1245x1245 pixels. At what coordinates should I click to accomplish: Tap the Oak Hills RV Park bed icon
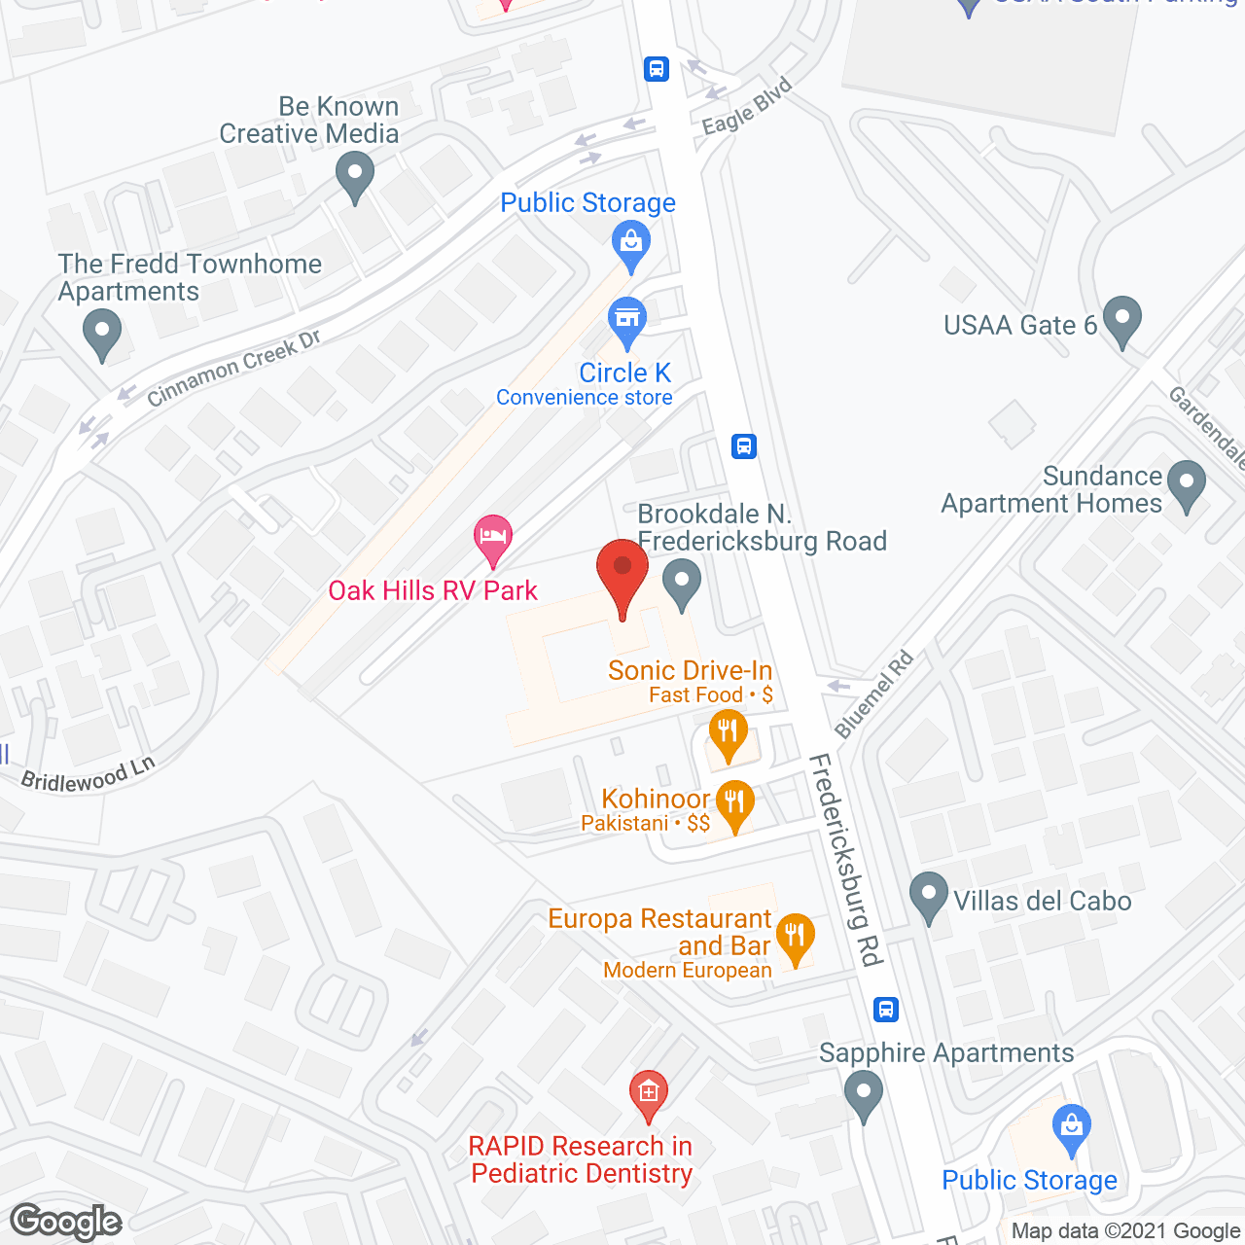[493, 538]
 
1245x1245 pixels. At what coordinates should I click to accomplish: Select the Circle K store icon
[627, 320]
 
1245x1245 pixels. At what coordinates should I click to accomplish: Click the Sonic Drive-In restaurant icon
[728, 732]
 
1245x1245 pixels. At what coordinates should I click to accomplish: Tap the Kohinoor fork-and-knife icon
[735, 803]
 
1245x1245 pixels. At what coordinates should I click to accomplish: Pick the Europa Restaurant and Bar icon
[796, 936]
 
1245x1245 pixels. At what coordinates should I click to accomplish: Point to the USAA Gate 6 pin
[1122, 320]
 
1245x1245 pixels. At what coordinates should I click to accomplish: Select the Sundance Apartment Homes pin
[1186, 483]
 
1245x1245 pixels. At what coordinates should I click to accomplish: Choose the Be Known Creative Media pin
[355, 178]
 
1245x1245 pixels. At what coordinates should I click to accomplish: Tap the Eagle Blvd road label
[747, 106]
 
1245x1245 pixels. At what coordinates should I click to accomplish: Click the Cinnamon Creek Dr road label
[233, 369]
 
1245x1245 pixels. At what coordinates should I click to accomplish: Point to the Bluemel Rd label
[874, 694]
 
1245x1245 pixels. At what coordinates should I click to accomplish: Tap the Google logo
[66, 1222]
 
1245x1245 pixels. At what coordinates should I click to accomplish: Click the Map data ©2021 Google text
[1125, 1231]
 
